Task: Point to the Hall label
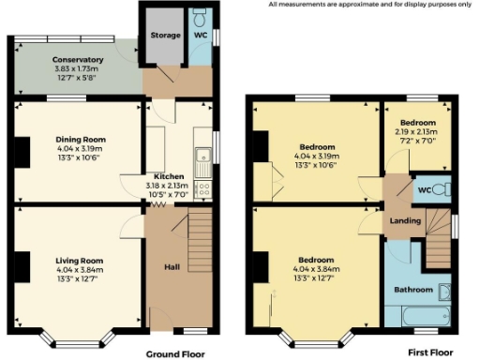[173, 267]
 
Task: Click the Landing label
[403, 220]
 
